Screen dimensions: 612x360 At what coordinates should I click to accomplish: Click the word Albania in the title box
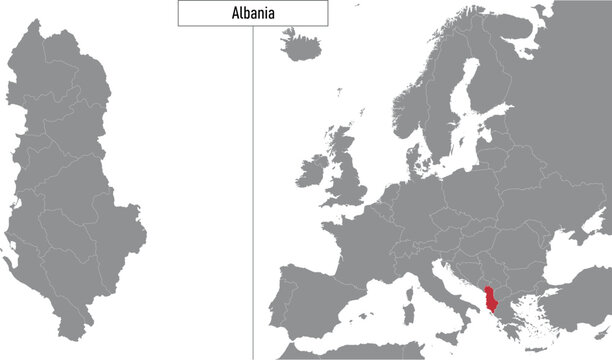(252, 13)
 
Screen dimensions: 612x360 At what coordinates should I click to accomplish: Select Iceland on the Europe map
(299, 45)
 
